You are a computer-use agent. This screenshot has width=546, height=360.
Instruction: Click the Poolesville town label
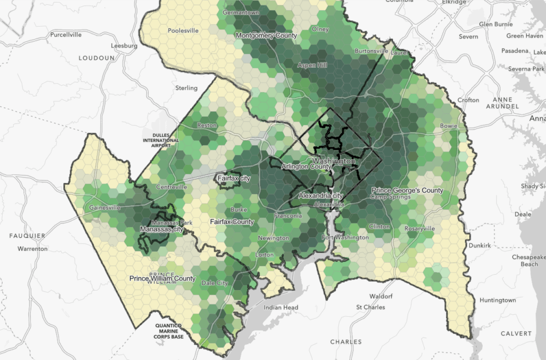click(183, 30)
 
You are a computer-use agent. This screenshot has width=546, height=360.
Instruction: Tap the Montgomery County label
click(266, 36)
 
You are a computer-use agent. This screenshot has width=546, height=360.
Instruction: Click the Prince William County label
click(163, 278)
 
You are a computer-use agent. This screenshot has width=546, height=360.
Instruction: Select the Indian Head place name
click(281, 308)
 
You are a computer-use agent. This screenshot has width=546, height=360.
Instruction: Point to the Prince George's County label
click(407, 190)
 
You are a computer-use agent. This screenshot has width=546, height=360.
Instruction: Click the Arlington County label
click(306, 167)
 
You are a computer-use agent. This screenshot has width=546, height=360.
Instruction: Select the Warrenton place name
click(33, 249)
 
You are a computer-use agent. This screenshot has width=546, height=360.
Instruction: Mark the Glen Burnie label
click(496, 25)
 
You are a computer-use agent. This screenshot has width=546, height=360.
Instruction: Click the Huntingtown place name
click(497, 300)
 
